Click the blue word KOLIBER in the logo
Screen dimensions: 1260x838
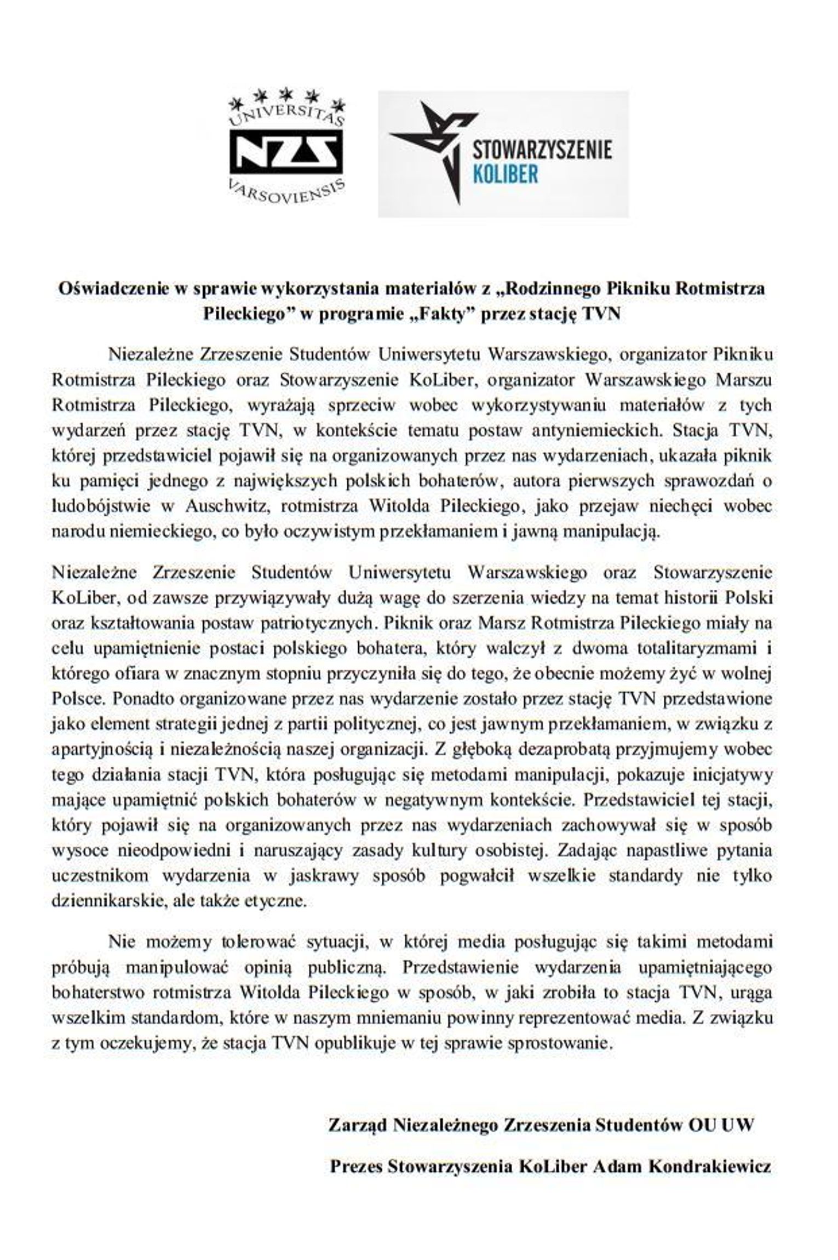[504, 174]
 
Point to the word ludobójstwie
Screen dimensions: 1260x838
[101, 506]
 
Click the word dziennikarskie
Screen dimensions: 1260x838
[105, 901]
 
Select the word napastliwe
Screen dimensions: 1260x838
[655, 851]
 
